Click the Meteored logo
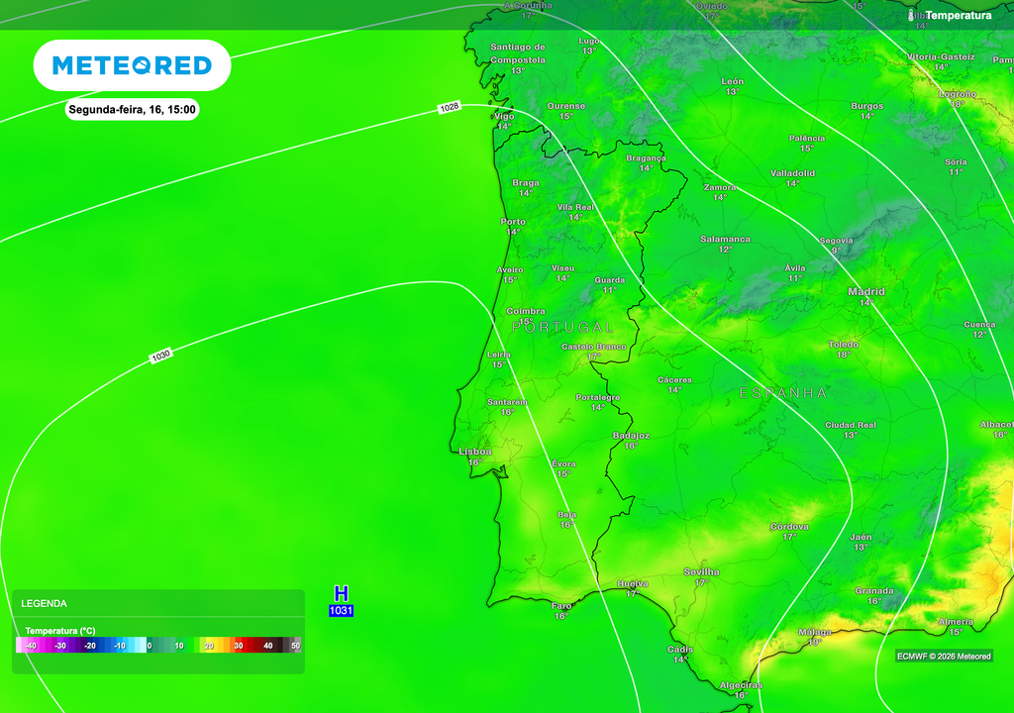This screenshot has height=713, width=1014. pos(132,65)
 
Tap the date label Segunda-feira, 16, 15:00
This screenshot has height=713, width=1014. pos(132,110)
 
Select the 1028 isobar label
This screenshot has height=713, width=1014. pos(450,107)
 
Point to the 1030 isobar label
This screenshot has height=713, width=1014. pos(160,355)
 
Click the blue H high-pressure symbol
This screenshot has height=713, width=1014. pos(341,594)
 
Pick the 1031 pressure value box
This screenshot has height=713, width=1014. pos(341,611)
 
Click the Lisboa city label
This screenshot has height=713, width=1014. pos(475,452)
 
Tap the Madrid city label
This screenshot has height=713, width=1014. pos(866,292)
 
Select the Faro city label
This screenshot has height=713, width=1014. pos(561,605)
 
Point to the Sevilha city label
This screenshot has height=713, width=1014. pos(701,572)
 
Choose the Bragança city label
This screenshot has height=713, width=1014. pos(646,158)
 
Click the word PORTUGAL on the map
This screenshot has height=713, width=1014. pos(562,327)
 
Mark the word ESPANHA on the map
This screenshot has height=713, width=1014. pos(782,393)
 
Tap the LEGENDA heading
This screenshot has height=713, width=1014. pos(45,603)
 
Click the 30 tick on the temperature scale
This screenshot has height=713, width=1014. pos(238,646)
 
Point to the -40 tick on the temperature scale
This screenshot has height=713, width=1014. pos(31,646)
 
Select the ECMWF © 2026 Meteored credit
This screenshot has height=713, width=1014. pos(944,657)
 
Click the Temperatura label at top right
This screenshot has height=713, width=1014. pos(958,16)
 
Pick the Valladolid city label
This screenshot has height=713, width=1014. pos(792,173)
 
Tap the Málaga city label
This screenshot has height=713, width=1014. pos(815,632)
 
